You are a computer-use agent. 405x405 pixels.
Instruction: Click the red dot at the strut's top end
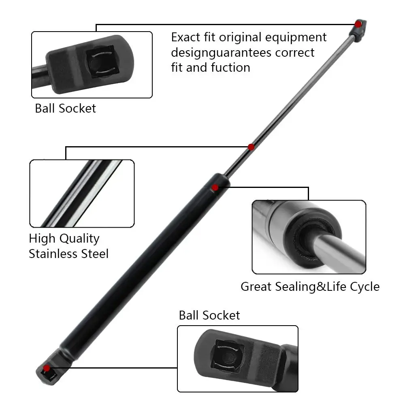point(358,24)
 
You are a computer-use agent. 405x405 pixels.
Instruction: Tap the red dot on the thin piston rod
point(251,147)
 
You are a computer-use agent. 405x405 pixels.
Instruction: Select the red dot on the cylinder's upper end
point(215,187)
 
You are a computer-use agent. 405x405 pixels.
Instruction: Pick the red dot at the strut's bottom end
point(47,368)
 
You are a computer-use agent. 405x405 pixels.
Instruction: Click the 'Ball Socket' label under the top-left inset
point(66,109)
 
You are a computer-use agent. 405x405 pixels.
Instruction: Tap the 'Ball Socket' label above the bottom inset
point(209,315)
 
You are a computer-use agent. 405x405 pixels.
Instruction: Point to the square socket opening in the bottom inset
point(229,356)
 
